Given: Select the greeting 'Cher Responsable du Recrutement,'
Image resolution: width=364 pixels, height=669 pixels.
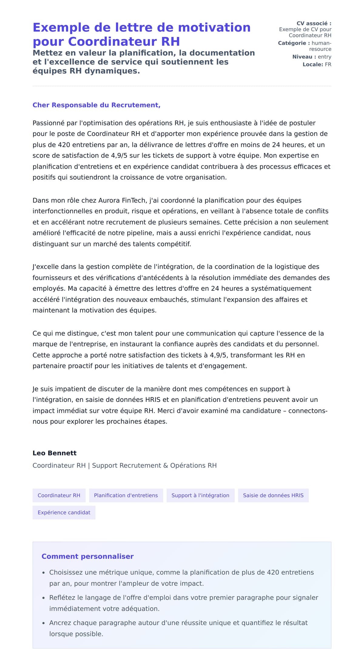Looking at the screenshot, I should (x=96, y=105).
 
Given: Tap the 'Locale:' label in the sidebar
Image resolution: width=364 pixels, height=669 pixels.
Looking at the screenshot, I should (x=313, y=65).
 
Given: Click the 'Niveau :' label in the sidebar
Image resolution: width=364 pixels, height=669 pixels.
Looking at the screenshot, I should (x=304, y=57).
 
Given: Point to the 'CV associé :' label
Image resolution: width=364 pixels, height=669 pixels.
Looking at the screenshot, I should (x=314, y=23).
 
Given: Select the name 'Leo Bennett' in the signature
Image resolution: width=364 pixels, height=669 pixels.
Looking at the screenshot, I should (x=55, y=453).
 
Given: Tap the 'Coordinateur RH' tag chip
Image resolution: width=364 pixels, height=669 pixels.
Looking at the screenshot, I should (x=59, y=495).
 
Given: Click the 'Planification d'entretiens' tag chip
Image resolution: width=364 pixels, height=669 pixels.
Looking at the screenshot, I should (x=126, y=495).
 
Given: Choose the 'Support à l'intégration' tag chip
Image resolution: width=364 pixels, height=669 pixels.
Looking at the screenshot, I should (x=200, y=495).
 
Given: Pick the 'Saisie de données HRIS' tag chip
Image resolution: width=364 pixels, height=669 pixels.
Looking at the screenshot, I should (x=273, y=495).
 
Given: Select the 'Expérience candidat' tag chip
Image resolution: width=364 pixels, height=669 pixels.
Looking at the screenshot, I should (x=64, y=513).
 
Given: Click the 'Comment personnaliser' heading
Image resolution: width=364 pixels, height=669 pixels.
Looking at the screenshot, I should (x=87, y=556).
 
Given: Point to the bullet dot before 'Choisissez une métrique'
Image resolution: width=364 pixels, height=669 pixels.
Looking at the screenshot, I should (x=44, y=573).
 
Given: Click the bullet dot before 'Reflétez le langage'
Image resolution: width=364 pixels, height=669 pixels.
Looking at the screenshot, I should (x=44, y=598).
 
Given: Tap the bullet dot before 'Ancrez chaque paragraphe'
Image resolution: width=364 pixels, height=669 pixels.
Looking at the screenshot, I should (x=44, y=623).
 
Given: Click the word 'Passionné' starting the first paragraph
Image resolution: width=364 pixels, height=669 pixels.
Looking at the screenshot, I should (x=49, y=123).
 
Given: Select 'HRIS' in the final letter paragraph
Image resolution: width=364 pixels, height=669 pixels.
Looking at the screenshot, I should (x=153, y=400).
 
